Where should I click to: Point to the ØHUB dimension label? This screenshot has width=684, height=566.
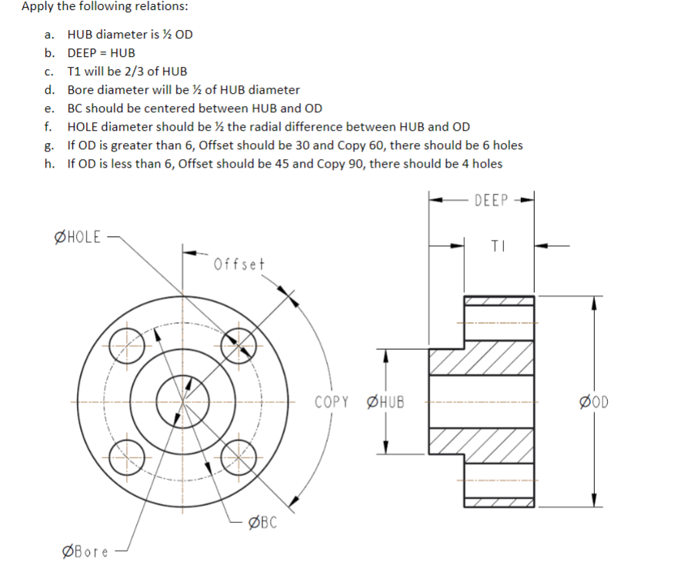(388, 401)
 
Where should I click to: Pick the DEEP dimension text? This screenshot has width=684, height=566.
(492, 201)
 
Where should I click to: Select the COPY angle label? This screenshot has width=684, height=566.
(332, 401)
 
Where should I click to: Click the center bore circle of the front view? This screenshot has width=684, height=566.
(182, 401)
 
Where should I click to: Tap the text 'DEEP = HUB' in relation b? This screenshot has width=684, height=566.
(101, 52)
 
